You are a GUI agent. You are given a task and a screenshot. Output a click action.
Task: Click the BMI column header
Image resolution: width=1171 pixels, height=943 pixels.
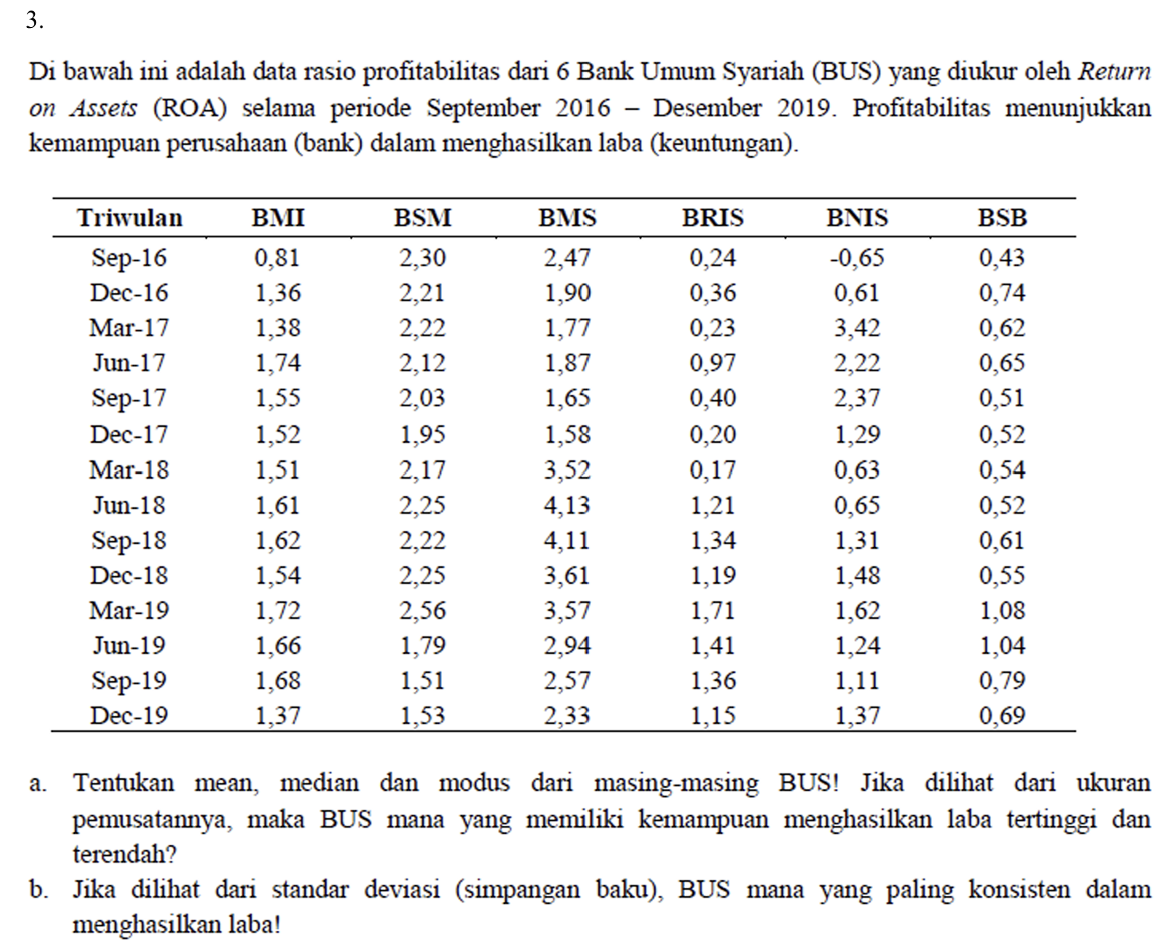click(278, 217)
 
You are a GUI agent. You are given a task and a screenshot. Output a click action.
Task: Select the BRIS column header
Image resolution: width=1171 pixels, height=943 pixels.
click(712, 217)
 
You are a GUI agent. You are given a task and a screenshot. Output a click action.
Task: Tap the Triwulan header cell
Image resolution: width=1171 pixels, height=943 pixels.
click(129, 217)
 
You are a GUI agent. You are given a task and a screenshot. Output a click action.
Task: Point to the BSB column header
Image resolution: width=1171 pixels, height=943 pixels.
click(1002, 217)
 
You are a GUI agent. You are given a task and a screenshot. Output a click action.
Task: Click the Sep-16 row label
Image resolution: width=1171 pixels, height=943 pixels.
click(129, 257)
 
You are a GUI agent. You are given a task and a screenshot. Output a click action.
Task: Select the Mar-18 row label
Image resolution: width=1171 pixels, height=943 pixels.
click(129, 469)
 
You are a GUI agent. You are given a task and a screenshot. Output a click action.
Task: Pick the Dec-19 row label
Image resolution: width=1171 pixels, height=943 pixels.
click(129, 715)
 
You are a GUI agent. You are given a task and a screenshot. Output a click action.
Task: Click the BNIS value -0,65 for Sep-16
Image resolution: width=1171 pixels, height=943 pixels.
click(856, 257)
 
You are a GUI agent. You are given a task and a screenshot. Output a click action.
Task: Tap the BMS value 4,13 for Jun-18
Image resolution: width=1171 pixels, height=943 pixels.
click(567, 505)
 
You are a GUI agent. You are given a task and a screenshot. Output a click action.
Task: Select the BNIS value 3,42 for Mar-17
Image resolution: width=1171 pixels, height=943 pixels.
click(857, 327)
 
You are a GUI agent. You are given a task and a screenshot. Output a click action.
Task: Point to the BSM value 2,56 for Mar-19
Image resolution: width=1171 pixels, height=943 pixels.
click(422, 610)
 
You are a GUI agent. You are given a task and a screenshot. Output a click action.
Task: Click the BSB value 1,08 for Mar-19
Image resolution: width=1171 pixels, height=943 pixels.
click(1002, 610)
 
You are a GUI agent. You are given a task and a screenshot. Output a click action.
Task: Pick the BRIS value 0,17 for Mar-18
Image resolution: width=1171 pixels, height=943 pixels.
click(712, 469)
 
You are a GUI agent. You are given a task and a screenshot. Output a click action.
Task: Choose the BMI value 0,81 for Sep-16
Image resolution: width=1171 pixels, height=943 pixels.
click(278, 257)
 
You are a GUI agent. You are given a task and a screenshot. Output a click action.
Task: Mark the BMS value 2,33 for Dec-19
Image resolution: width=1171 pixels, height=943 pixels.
click(567, 715)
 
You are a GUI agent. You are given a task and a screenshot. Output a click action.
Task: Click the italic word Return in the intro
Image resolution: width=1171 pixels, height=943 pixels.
click(1114, 72)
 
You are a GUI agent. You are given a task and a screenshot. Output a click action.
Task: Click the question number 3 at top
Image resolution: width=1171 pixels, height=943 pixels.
click(33, 21)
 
